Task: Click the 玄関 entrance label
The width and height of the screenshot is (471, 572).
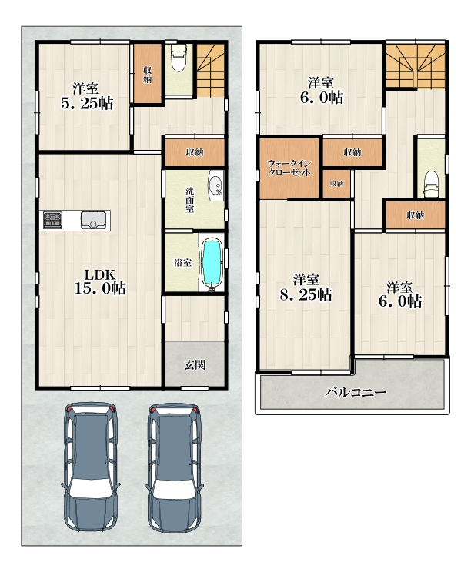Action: pos(195,364)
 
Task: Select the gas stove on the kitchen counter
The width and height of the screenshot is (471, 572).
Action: pos(52,220)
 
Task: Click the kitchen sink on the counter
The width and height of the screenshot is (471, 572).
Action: pos(93,220)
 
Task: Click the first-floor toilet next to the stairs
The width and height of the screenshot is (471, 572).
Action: pos(179,58)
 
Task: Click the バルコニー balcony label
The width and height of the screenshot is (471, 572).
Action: pos(356,393)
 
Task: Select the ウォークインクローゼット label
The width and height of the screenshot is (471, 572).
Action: pos(289,168)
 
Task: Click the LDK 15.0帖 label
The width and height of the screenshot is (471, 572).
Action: pos(100,281)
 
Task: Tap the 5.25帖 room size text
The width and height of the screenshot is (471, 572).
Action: pos(87,104)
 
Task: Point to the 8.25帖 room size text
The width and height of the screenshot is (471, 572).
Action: pos(306,294)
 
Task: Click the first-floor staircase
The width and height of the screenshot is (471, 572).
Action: pos(211,70)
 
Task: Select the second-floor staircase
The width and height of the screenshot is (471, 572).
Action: pos(416,65)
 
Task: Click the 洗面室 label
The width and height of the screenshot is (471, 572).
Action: pos(190,200)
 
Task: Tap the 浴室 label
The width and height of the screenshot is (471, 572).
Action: pos(182,262)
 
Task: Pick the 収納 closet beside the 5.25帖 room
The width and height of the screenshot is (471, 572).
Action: pos(148,73)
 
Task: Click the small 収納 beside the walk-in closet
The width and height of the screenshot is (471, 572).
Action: pos(336,184)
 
